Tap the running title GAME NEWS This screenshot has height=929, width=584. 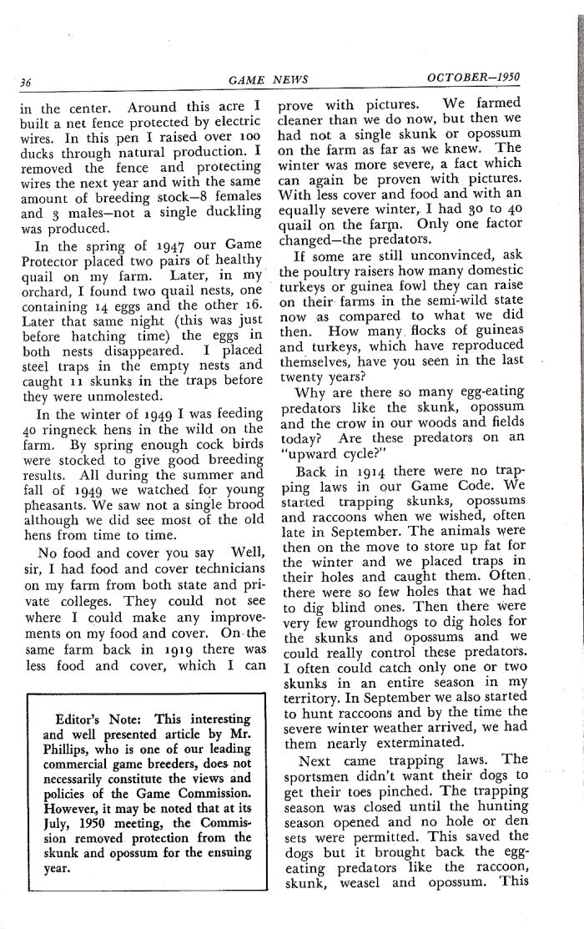tap(268, 80)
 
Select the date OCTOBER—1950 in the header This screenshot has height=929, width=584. tap(473, 78)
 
